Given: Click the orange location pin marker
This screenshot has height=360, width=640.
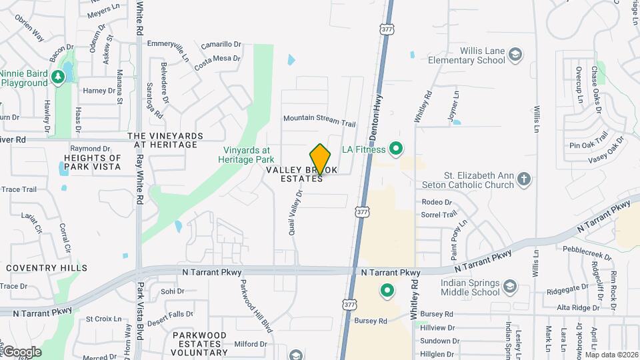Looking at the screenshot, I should pyautogui.click(x=320, y=159).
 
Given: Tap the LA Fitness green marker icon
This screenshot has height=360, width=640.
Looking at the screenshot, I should pyautogui.click(x=395, y=148).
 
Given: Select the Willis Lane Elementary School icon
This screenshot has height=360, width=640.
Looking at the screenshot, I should pyautogui.click(x=515, y=53).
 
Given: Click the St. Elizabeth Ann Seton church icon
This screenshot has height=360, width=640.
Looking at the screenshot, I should pyautogui.click(x=525, y=179).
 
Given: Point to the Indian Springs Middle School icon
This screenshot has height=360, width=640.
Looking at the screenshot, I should pyautogui.click(x=510, y=287).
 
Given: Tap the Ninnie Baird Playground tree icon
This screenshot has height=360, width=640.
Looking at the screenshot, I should pyautogui.click(x=58, y=77).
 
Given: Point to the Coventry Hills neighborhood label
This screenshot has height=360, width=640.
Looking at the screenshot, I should pyautogui.click(x=47, y=268).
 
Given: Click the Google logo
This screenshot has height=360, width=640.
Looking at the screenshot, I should pyautogui.click(x=21, y=351).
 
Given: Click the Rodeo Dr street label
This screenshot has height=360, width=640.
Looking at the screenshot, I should pyautogui.click(x=437, y=202).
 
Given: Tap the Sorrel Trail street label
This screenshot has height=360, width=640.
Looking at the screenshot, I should pyautogui.click(x=439, y=215).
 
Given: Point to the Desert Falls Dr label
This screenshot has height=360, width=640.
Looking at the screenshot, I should pyautogui.click(x=171, y=313).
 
